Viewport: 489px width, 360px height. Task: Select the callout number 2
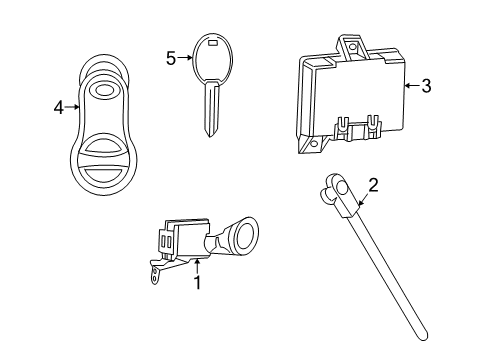tap(373, 184)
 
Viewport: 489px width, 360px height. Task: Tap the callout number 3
tap(426, 87)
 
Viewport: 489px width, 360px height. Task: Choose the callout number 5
tap(170, 58)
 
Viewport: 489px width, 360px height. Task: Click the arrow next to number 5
tap(185, 58)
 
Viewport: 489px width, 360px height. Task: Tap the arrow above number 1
tap(197, 266)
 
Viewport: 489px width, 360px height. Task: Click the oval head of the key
tap(212, 58)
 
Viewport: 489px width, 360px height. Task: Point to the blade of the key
tap(212, 115)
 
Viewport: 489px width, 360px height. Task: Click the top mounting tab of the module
tap(349, 43)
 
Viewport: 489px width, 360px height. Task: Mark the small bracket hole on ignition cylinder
tap(153, 273)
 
